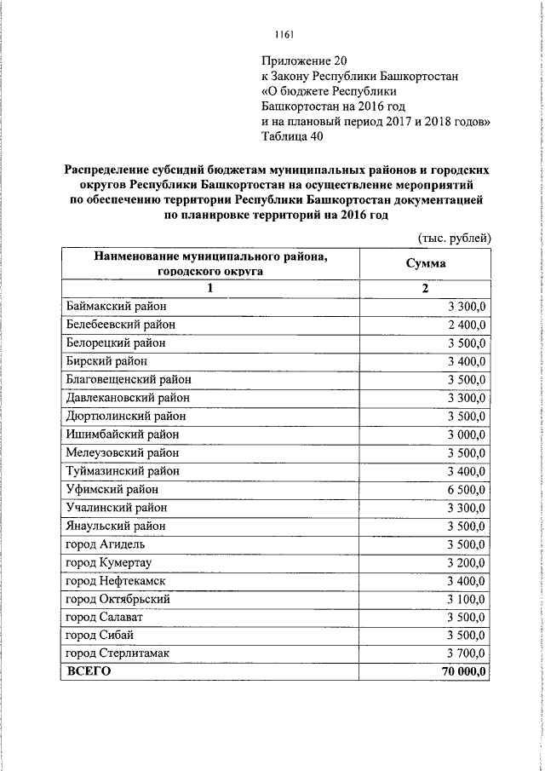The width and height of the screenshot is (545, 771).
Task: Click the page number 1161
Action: [284, 34]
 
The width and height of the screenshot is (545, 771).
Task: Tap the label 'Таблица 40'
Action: [292, 135]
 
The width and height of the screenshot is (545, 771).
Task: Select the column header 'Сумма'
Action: [426, 263]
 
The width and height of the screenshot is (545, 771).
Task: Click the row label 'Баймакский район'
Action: [116, 306]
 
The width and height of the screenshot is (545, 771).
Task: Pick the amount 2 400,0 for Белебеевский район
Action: [465, 325]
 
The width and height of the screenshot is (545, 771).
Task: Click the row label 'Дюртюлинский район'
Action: [125, 416]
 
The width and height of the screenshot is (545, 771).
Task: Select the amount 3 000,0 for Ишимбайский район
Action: [465, 434]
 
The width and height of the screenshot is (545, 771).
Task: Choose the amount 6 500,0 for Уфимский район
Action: [465, 489]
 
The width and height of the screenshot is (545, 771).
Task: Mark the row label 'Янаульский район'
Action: [116, 526]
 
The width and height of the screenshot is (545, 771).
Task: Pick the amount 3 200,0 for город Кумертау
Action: [465, 562]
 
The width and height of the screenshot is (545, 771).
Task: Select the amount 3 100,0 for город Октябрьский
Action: [465, 599]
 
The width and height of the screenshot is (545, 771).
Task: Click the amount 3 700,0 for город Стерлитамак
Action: [465, 653]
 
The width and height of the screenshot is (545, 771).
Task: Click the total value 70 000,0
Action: [461, 672]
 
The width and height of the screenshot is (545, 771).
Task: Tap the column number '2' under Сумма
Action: [425, 288]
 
